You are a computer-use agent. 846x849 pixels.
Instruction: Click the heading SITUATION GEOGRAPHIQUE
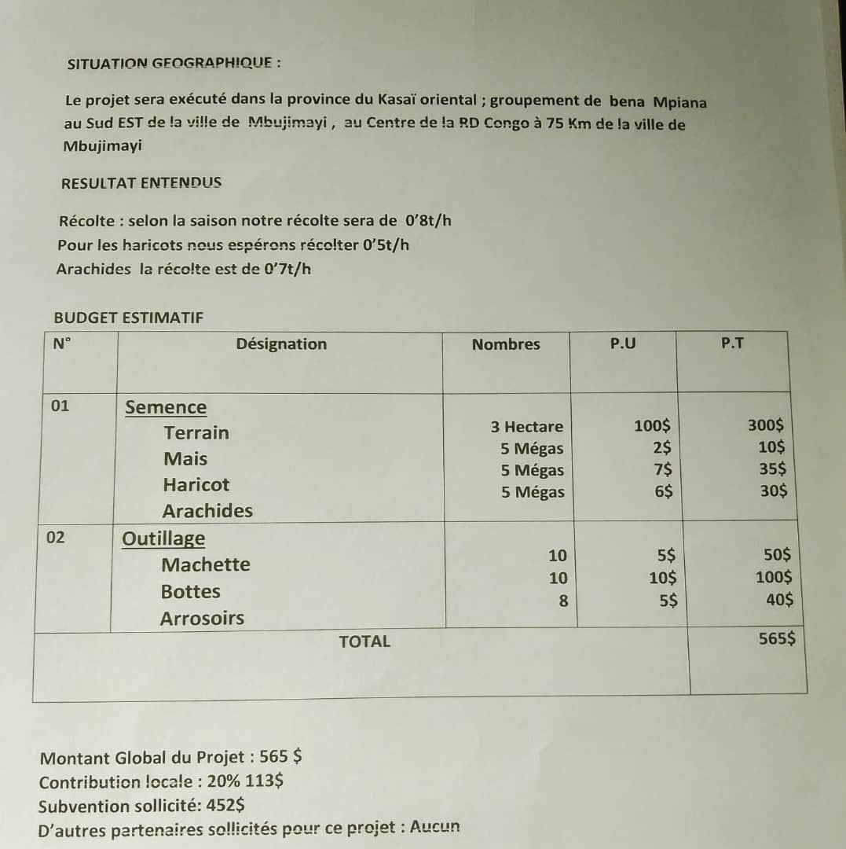pyautogui.click(x=174, y=64)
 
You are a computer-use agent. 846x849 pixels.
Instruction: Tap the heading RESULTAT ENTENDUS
pyautogui.click(x=141, y=183)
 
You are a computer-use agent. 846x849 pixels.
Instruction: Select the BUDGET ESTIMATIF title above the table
pyautogui.click(x=128, y=318)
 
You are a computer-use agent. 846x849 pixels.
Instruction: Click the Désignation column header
pyautogui.click(x=281, y=344)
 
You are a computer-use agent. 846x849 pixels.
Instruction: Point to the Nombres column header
pyautogui.click(x=506, y=344)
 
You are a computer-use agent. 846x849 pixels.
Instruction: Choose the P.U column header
pyautogui.click(x=623, y=344)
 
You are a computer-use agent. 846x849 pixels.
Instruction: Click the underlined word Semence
pyautogui.click(x=166, y=407)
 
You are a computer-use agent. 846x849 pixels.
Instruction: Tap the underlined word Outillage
pyautogui.click(x=163, y=538)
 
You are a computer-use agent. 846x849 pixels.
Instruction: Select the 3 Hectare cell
pyautogui.click(x=527, y=427)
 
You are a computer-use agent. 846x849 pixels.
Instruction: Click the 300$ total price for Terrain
pyautogui.click(x=765, y=425)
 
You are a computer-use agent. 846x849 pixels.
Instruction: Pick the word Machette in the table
pyautogui.click(x=206, y=564)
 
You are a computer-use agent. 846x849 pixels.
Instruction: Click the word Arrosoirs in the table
pyautogui.click(x=202, y=618)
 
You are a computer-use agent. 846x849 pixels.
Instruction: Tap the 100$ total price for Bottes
pyautogui.click(x=774, y=577)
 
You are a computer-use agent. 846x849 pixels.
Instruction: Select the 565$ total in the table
pyautogui.click(x=777, y=638)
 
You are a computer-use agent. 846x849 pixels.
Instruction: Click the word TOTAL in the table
pyautogui.click(x=364, y=641)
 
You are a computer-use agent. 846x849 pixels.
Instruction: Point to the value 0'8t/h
pyautogui.click(x=428, y=220)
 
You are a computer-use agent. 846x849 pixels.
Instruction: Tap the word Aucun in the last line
pyautogui.click(x=435, y=827)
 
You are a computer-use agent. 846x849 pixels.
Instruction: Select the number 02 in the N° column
pyautogui.click(x=57, y=538)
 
